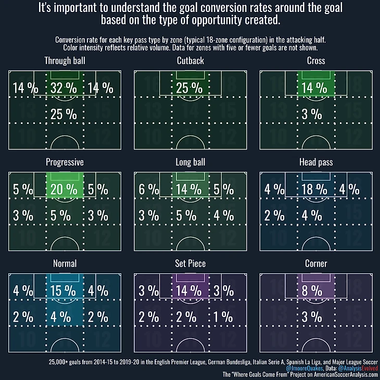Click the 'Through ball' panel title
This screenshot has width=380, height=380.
(65, 61)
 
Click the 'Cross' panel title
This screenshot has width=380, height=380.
(315, 61)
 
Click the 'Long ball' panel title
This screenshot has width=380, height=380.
(190, 162)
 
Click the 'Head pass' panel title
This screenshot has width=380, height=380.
(315, 162)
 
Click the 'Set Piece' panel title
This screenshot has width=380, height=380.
(190, 264)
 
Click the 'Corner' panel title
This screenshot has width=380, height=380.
(315, 264)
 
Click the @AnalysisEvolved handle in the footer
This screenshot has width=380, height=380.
(356, 368)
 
